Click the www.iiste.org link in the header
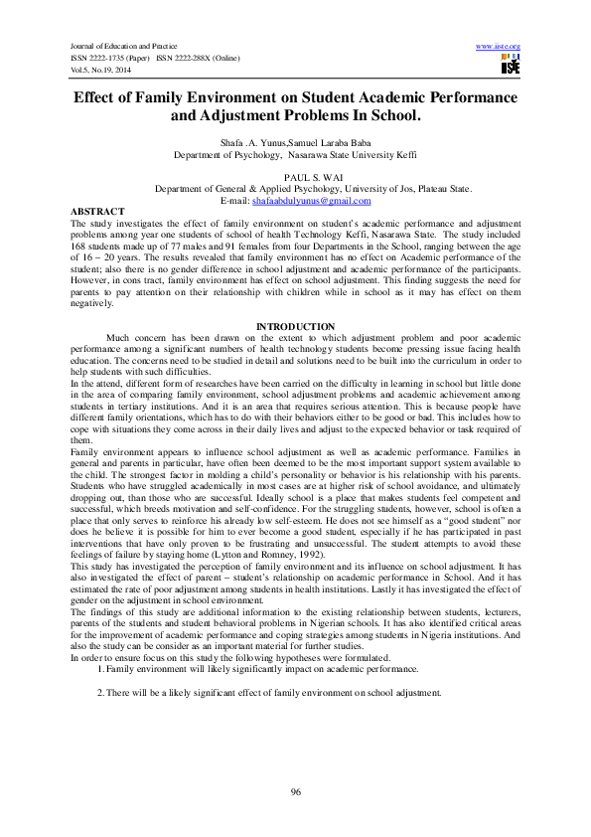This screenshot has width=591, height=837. click(x=499, y=47)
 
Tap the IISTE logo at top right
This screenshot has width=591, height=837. click(x=511, y=65)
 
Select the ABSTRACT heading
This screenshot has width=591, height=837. click(x=98, y=212)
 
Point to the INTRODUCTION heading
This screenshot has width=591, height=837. click(x=296, y=326)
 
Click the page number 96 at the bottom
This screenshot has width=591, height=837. click(x=296, y=790)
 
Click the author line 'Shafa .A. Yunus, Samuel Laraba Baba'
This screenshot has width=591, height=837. click(x=296, y=144)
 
